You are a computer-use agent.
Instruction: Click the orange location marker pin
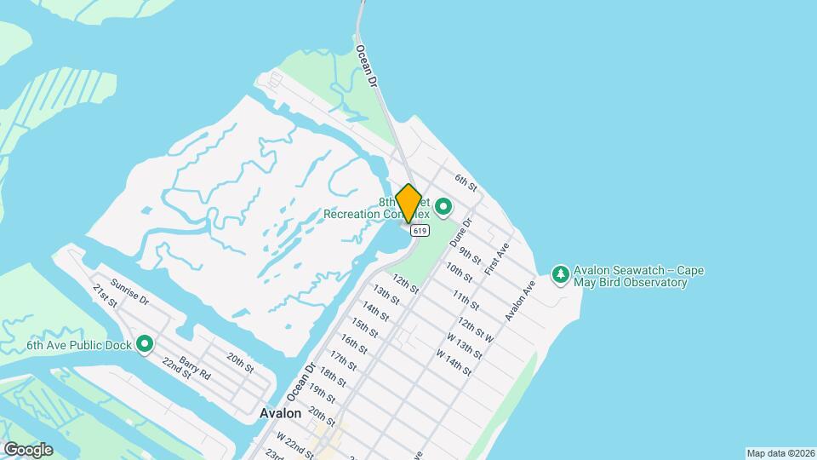409,203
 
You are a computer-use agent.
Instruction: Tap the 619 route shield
418,231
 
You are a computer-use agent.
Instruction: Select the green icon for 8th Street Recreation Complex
443,206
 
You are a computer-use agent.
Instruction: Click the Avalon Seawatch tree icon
560,273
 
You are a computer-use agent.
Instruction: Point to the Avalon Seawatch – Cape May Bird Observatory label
638,277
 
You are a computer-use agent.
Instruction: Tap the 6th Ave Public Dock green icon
145,344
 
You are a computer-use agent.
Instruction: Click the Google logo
28,449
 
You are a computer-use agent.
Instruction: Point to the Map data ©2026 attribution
780,453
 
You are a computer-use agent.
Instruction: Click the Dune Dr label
460,228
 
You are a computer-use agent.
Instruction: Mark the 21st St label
104,295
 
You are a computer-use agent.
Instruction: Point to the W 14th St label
454,362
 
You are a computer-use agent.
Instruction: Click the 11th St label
466,301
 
